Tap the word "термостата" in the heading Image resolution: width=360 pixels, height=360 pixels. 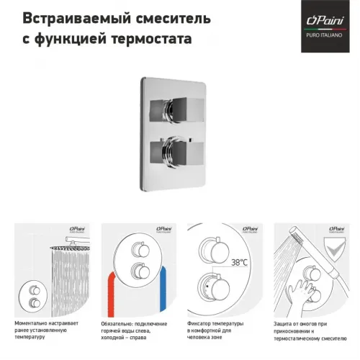[153, 38]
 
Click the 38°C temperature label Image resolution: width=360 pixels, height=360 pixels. [241, 263]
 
